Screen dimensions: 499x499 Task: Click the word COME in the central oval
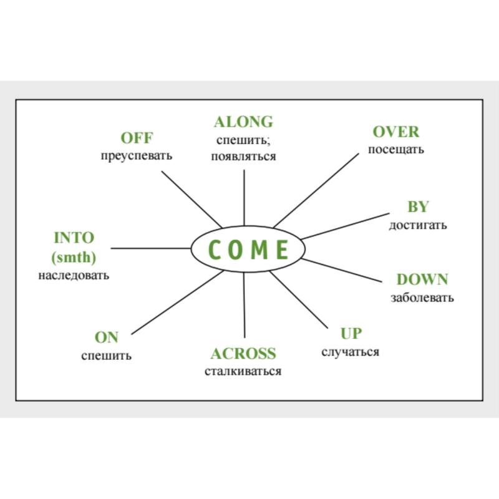pyautogui.click(x=248, y=249)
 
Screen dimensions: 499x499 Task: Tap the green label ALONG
pyautogui.click(x=243, y=122)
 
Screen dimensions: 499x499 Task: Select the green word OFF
pyautogui.click(x=137, y=138)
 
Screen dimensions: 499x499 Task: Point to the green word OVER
pyautogui.click(x=396, y=132)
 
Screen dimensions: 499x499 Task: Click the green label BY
pyautogui.click(x=418, y=207)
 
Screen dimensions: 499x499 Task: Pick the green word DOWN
pyautogui.click(x=422, y=279)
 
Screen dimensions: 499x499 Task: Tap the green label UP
pyautogui.click(x=351, y=334)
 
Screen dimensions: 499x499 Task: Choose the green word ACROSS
pyautogui.click(x=243, y=354)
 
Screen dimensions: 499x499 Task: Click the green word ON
pyautogui.click(x=106, y=337)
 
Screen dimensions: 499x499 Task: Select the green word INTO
pyautogui.click(x=74, y=238)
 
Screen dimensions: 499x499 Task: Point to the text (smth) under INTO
pyautogui.click(x=74, y=257)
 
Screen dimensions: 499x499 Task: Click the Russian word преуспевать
pyautogui.click(x=137, y=156)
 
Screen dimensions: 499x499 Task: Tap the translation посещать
pyautogui.click(x=396, y=150)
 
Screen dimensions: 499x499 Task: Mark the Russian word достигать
pyautogui.click(x=418, y=225)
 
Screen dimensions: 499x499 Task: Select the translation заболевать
pyautogui.click(x=422, y=298)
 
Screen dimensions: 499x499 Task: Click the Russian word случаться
pyautogui.click(x=351, y=352)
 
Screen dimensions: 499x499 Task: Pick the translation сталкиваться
pyautogui.click(x=243, y=371)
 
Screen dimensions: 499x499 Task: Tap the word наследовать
pyautogui.click(x=74, y=275)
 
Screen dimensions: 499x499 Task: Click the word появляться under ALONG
pyautogui.click(x=243, y=157)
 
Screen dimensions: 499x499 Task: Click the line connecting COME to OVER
pyautogui.click(x=316, y=191)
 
